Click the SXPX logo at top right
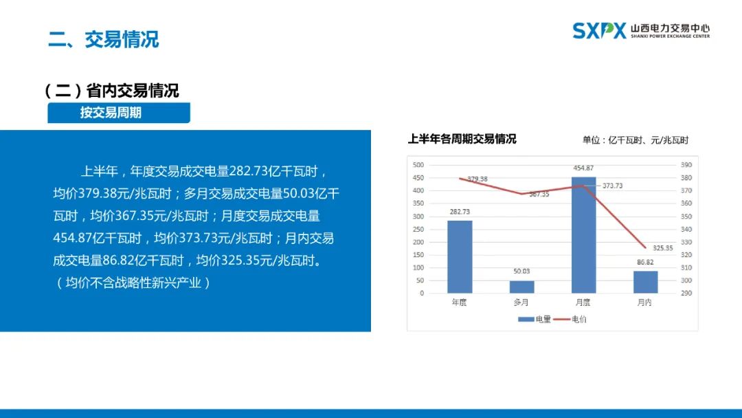pos(599,31)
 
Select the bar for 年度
pos(460,256)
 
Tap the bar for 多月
pos(521,287)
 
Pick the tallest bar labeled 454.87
pos(583,235)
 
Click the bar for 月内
pos(645,282)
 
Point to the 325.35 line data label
pos(662,248)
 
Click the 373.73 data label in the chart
pos(612,186)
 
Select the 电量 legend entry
pos(535,320)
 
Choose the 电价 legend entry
pos(570,320)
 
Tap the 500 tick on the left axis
pos(418,165)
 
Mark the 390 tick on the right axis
pos(686,165)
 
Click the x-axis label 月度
pos(583,302)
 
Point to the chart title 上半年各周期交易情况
pos(462,139)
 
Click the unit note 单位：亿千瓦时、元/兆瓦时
pos(636,140)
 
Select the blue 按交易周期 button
pos(119,113)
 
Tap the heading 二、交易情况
pos(104,39)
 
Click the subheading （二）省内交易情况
pos(112,91)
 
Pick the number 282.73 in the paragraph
pos(249,171)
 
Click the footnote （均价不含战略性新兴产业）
pos(133,283)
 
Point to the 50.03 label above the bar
pos(521,272)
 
